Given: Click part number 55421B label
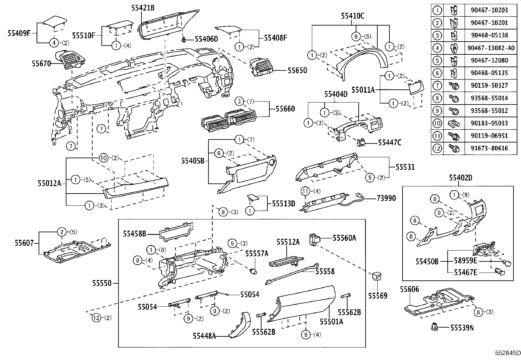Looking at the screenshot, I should tap(143, 8).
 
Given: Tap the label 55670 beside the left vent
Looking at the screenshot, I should tap(41, 63).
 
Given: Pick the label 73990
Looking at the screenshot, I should tap(386, 198).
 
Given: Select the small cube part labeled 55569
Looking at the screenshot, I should tap(376, 277).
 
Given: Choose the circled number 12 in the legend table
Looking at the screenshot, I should tap(437, 148).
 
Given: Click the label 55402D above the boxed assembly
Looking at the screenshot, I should tap(460, 178).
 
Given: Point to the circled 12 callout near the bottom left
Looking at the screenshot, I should tap(96, 317).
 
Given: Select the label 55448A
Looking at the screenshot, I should tap(204, 336).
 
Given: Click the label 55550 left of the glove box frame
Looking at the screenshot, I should tap(101, 283).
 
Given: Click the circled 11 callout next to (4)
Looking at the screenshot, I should tap(305, 191).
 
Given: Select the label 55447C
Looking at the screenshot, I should tap(389, 142).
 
